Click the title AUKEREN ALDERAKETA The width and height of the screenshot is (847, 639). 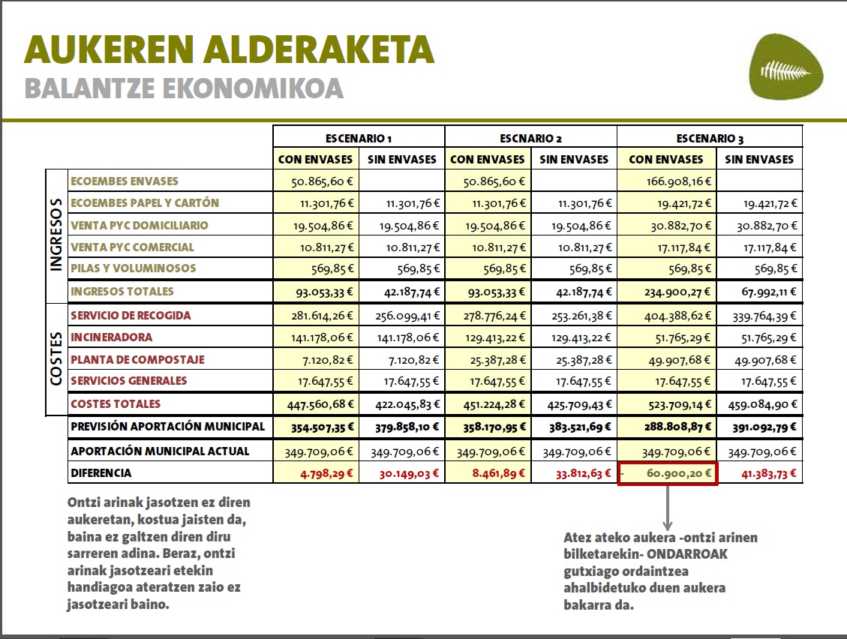[x=230, y=49]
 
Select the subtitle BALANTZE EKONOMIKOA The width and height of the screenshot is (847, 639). [x=184, y=88]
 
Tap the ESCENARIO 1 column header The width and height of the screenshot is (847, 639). [x=359, y=138]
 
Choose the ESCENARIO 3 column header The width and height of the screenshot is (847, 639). [x=710, y=138]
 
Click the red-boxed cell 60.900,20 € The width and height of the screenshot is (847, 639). [x=668, y=473]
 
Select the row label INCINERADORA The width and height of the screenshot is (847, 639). [x=111, y=337]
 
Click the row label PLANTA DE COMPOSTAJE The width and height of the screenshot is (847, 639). [x=137, y=359]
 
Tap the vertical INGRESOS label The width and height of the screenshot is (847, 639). [x=56, y=234]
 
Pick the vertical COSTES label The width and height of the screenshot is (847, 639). [x=56, y=358]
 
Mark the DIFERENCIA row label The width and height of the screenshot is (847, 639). [x=101, y=473]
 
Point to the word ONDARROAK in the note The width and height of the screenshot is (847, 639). [x=695, y=553]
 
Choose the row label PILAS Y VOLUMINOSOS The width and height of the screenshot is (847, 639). [x=133, y=268]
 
